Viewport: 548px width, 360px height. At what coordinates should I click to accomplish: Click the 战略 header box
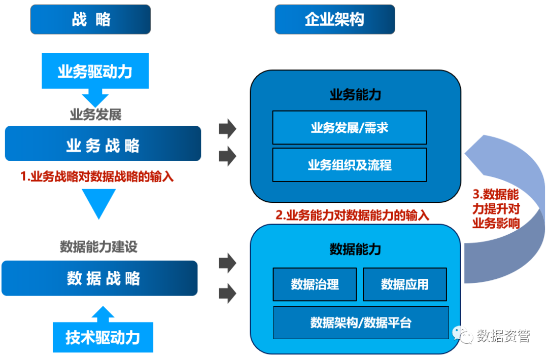91,20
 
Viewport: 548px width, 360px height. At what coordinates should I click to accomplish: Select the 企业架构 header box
334,20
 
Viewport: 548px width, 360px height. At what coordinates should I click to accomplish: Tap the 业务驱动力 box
94,71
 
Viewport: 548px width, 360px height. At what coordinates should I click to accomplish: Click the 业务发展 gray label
95,114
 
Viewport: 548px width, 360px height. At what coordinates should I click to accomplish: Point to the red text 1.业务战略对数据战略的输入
97,177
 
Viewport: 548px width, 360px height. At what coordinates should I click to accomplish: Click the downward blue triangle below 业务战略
99,203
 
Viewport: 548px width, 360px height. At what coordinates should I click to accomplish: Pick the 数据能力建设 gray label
98,247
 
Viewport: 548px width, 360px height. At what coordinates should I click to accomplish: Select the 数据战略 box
100,278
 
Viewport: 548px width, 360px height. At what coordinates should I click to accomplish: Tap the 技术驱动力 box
102,337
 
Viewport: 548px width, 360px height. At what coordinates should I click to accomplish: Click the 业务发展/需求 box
349,128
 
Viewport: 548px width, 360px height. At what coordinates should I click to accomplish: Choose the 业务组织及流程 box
349,165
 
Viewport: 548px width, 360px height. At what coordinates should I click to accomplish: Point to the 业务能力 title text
355,95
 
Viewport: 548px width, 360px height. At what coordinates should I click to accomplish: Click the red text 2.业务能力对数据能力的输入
352,215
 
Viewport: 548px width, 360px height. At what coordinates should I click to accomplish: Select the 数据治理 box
315,284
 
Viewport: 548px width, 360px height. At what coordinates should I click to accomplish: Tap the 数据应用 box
404,284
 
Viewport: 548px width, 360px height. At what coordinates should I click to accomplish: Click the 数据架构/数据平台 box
361,322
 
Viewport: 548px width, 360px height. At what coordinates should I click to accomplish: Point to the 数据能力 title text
355,249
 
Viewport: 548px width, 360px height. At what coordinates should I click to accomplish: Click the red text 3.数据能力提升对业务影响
496,208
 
